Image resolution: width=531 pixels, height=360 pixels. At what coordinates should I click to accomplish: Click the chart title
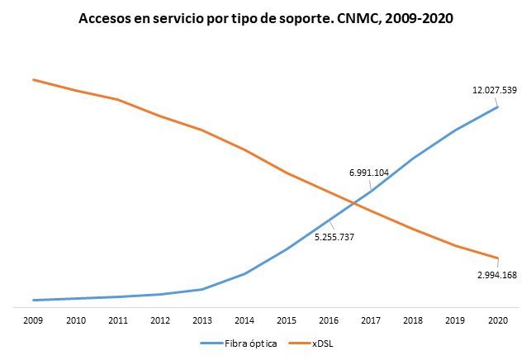265,17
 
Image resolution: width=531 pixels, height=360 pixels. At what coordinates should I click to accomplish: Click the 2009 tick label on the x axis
33,320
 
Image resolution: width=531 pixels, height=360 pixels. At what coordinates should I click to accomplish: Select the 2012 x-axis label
159,320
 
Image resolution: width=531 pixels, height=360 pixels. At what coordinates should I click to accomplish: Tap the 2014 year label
244,320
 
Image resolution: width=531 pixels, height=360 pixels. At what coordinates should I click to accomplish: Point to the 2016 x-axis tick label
329,320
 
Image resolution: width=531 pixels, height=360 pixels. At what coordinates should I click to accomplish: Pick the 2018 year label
413,320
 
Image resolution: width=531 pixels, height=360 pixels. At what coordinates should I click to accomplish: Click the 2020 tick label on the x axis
497,320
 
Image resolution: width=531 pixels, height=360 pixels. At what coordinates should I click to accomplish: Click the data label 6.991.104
369,173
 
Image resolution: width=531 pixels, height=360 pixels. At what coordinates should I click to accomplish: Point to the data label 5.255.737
334,237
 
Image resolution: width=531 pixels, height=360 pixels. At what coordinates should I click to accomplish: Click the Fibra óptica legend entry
245,343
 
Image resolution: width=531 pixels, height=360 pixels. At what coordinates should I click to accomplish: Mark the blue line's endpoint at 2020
497,107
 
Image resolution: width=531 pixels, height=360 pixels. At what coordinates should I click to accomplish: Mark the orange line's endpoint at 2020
497,258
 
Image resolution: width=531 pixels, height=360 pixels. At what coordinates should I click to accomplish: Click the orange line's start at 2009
33,79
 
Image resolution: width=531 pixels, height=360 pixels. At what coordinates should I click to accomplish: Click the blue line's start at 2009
33,300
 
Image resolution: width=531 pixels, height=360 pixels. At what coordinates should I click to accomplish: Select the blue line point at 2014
244,273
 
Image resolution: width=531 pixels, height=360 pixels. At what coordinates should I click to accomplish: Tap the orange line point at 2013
201,130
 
